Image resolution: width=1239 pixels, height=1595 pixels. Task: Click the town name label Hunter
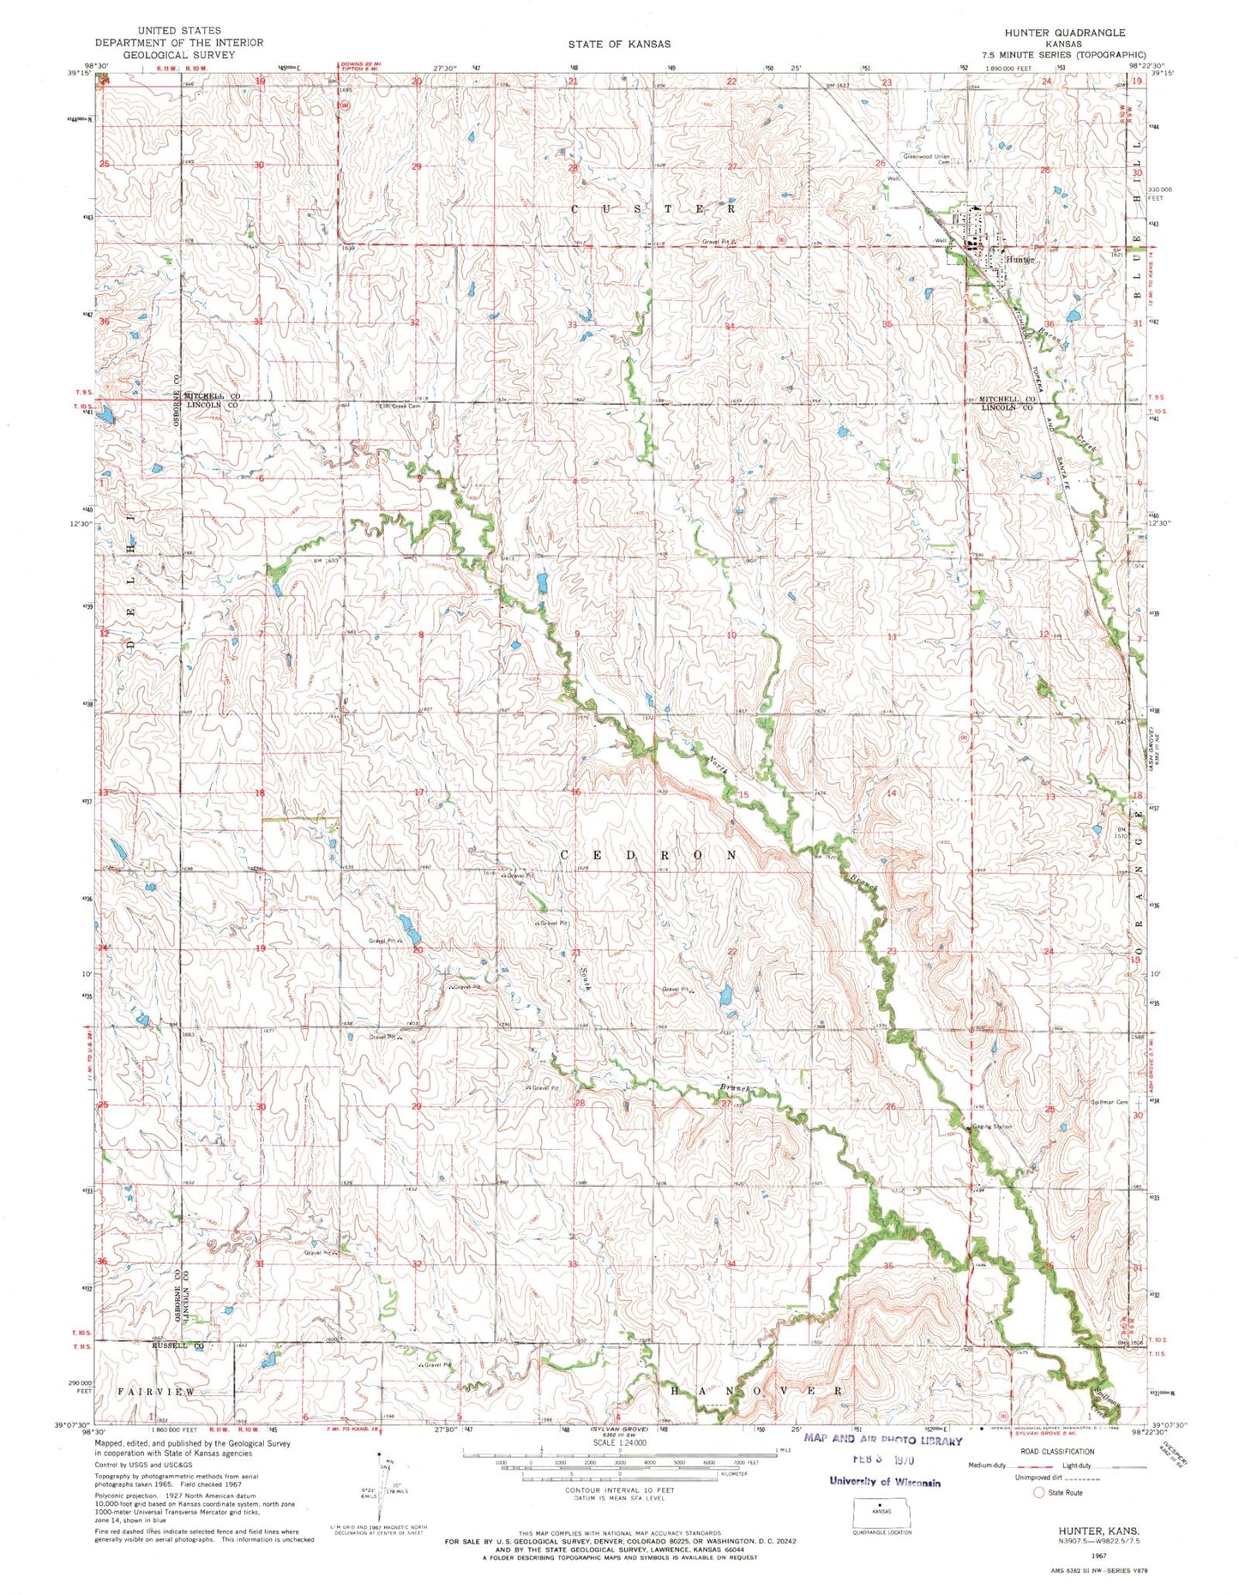click(1020, 259)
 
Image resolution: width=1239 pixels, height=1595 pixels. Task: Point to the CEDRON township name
click(649, 856)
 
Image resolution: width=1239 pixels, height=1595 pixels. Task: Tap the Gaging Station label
click(993, 1126)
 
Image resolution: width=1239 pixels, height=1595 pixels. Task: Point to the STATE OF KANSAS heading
click(619, 43)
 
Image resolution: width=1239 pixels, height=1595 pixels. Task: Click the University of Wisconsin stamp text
click(884, 1482)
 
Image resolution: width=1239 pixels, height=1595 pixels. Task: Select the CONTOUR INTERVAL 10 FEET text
click(619, 1490)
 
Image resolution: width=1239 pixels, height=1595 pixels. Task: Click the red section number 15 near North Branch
click(743, 795)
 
